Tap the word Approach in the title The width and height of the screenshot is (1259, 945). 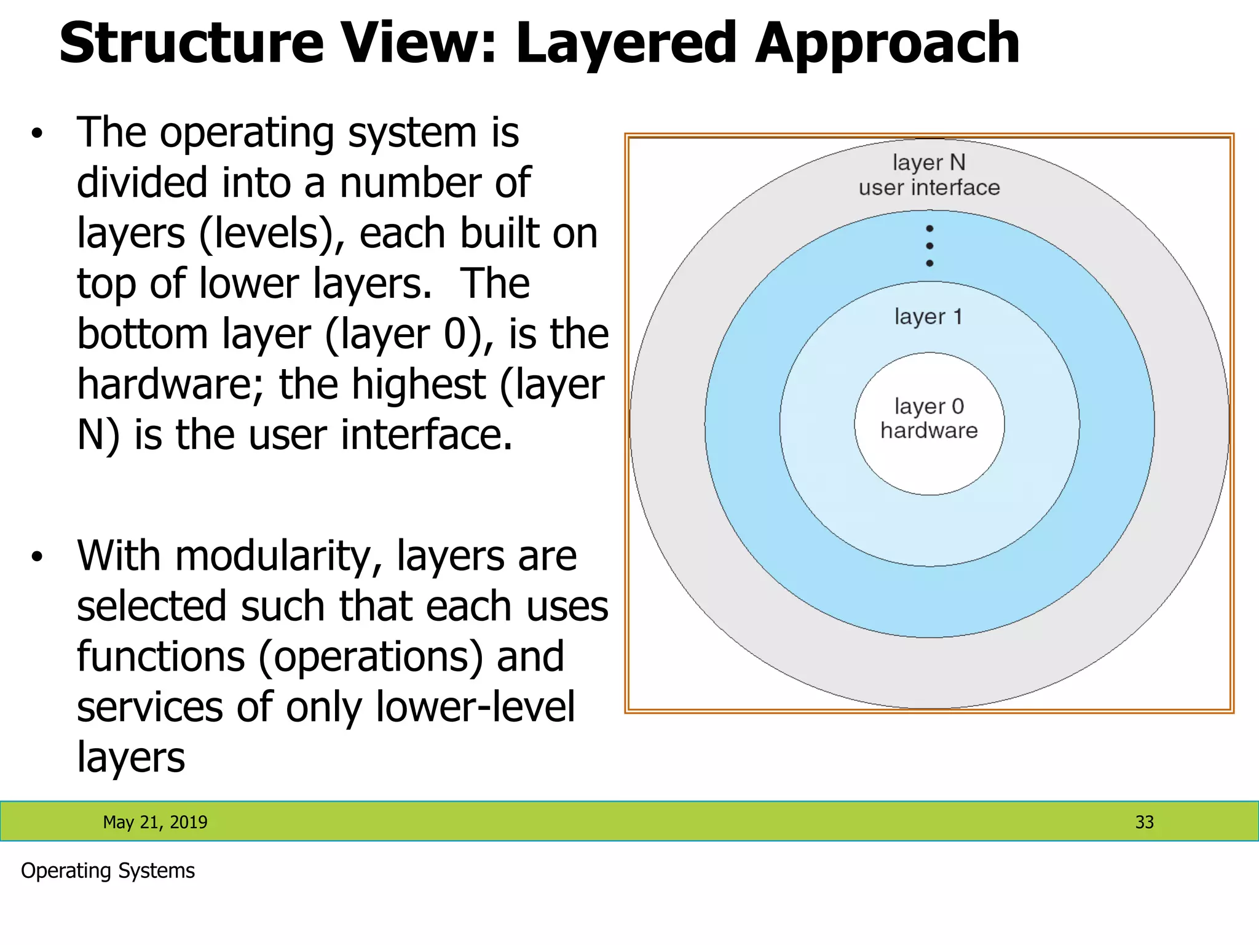pyautogui.click(x=887, y=44)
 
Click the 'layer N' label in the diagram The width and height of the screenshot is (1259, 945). pyautogui.click(x=929, y=162)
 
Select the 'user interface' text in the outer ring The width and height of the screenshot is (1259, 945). pyautogui.click(x=929, y=188)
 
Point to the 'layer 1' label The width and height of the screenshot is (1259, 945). pyautogui.click(x=928, y=317)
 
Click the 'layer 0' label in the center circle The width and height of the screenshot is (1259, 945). pyautogui.click(x=929, y=406)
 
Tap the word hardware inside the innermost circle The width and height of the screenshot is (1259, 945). pyautogui.click(x=929, y=431)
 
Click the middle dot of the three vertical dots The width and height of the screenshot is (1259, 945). pyautogui.click(x=929, y=246)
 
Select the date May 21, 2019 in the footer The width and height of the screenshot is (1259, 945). pyautogui.click(x=155, y=822)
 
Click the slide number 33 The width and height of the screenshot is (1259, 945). pyautogui.click(x=1144, y=822)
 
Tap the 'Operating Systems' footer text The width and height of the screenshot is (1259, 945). pyautogui.click(x=108, y=871)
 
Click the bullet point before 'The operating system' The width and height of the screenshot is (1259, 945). pyautogui.click(x=37, y=134)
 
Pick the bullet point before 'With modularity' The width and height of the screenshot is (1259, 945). pyautogui.click(x=37, y=557)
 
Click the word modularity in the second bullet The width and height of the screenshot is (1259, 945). pyautogui.click(x=279, y=557)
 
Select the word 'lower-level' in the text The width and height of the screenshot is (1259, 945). pyautogui.click(x=475, y=708)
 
